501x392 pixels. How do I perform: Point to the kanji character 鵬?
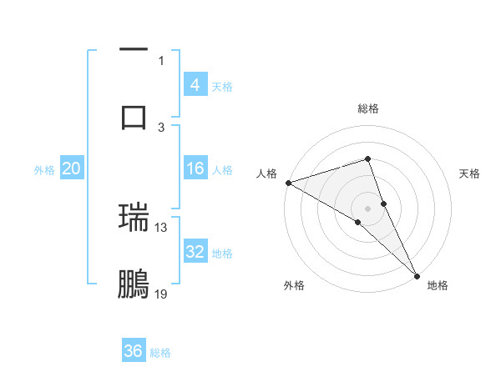pos(134,284)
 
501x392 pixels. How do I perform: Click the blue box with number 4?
pos(195,84)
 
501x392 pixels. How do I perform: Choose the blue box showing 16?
pos(195,168)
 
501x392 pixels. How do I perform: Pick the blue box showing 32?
pos(195,252)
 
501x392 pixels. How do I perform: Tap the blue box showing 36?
pos(134,351)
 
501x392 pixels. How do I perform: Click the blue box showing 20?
pos(72,168)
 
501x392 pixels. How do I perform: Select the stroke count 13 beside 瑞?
pos(161,227)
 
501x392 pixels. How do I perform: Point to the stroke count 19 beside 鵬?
pos(161,294)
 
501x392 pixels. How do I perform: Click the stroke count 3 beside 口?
pos(161,127)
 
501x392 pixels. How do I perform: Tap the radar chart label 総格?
pos(368,108)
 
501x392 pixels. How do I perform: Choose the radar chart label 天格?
pos(470,173)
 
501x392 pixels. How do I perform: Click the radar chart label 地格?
pos(438,285)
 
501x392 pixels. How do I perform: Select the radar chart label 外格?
pos(294,285)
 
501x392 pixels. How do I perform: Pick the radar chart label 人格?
pos(266,173)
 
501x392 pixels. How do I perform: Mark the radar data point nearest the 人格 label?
pos(288,182)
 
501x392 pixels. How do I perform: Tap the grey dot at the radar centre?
pos(368,208)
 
